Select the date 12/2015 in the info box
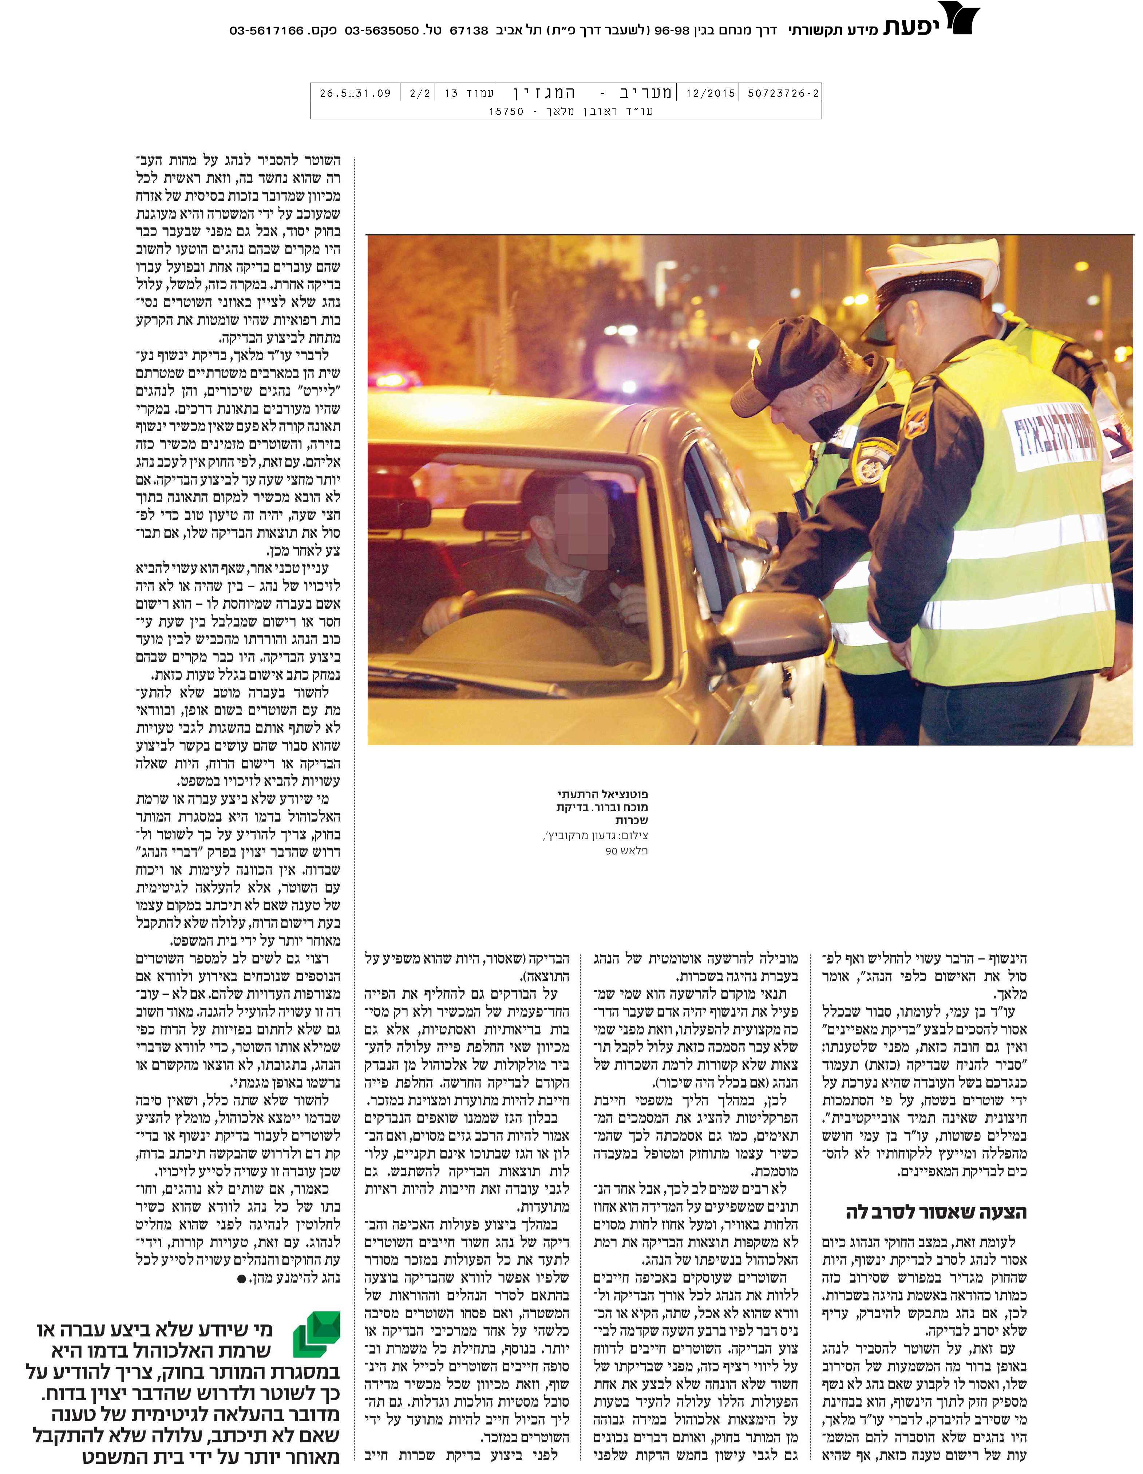point(710,93)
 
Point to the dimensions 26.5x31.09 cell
point(355,93)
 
